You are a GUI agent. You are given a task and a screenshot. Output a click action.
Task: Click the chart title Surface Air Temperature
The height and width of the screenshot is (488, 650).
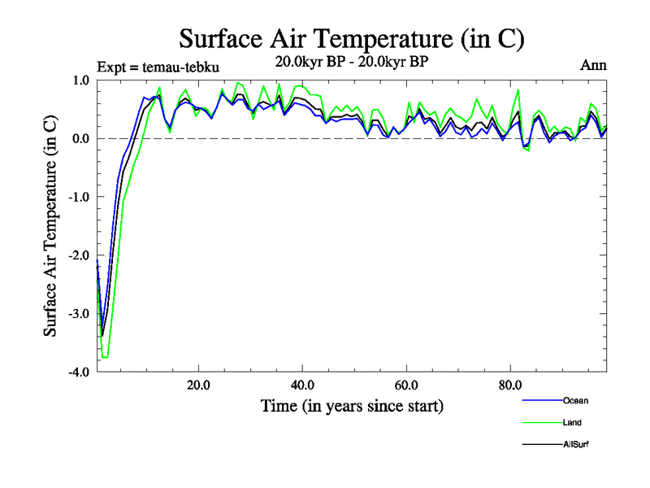pyautogui.click(x=351, y=39)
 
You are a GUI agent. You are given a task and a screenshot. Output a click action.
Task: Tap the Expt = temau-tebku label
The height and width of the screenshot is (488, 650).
pyautogui.click(x=158, y=67)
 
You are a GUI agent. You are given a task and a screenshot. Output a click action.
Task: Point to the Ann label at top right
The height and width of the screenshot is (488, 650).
pyautogui.click(x=594, y=65)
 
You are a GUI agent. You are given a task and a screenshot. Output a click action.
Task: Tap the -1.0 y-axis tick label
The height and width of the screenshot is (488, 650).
pyautogui.click(x=78, y=197)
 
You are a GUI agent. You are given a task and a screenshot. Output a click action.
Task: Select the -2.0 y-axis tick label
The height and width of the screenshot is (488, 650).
pyautogui.click(x=78, y=255)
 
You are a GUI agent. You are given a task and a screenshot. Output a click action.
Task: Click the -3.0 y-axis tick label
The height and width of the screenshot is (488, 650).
pyautogui.click(x=78, y=314)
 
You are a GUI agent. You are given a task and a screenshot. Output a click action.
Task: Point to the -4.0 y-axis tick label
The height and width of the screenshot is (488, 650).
pyautogui.click(x=78, y=373)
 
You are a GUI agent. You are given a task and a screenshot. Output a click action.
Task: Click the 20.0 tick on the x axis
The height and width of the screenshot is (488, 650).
pyautogui.click(x=198, y=386)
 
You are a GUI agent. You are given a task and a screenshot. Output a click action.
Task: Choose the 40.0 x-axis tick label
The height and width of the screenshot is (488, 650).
pyautogui.click(x=302, y=386)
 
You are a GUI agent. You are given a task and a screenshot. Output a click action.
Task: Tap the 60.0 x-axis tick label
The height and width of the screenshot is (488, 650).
pyautogui.click(x=406, y=386)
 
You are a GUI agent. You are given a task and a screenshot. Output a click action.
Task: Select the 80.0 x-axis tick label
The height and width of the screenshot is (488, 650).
pyautogui.click(x=510, y=386)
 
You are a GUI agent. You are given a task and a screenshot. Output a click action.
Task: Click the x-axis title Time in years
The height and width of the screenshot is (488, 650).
pyautogui.click(x=352, y=405)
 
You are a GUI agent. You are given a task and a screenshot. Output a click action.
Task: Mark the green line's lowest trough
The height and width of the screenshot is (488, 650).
pyautogui.click(x=105, y=357)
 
